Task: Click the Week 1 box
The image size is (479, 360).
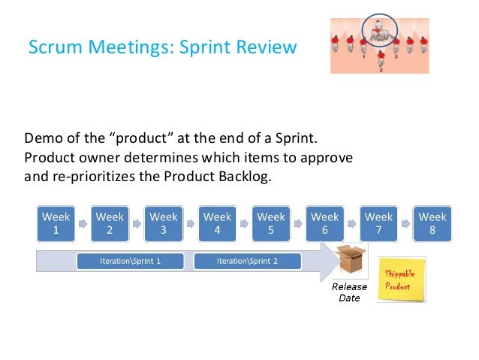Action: coord(56,224)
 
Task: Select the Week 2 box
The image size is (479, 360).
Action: coord(110,224)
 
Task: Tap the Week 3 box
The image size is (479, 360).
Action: coord(164,224)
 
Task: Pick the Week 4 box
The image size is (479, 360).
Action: coord(218,224)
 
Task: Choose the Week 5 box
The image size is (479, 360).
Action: coord(272,224)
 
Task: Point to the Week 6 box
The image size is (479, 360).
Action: coord(325,224)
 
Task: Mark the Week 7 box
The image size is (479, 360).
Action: coord(379,224)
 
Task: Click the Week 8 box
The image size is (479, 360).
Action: coord(432,224)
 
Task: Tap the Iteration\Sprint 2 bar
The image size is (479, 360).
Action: coord(246,261)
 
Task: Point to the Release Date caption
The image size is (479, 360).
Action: coord(349,292)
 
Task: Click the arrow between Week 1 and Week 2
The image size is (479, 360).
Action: coord(83,223)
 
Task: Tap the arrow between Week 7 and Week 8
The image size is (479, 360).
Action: coord(406,223)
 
